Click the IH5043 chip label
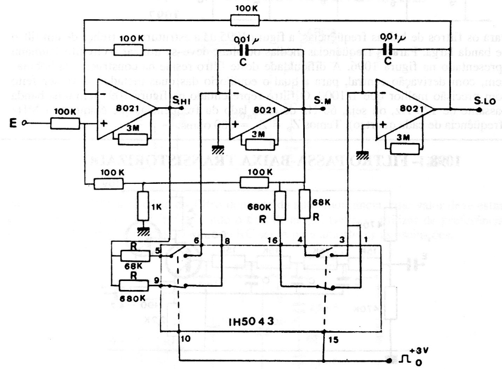point(249,322)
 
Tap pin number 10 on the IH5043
point(185,338)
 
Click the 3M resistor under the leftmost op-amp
point(132,140)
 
